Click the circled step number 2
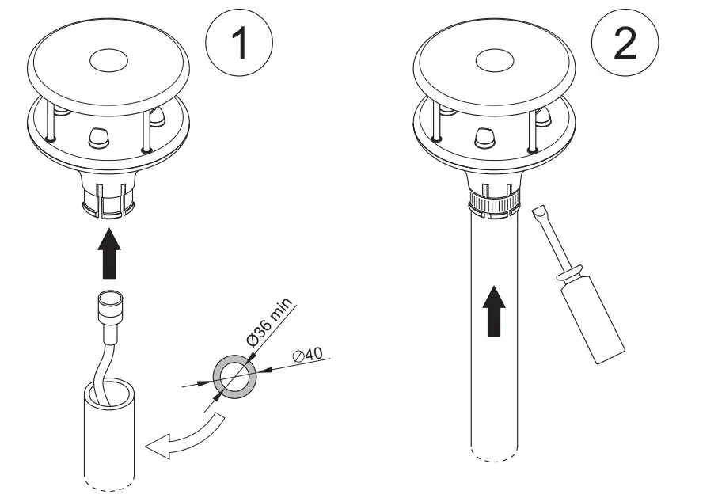625,45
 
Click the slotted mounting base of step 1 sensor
107,200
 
